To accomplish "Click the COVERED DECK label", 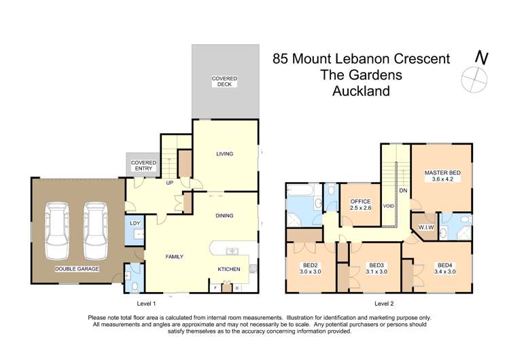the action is [224, 82].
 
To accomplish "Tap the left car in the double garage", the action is [57, 230].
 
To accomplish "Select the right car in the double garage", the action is [95, 230].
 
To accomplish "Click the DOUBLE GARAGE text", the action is [77, 269].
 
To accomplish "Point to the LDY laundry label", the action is [135, 223].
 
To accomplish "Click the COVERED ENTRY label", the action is [143, 166].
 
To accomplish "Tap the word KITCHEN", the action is [229, 269].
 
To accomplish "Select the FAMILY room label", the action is [175, 257].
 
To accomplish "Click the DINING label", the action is [224, 215].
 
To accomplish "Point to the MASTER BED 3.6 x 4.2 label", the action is [442, 176].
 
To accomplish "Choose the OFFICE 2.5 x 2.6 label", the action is [360, 204].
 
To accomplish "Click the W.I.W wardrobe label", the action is [426, 228].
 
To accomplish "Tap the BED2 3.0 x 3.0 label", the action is [311, 268].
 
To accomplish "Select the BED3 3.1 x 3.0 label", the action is [376, 268].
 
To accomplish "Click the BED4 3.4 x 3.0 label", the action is [444, 268].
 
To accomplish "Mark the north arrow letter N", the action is [482, 58].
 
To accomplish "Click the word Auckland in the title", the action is [361, 91].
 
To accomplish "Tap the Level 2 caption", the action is [384, 304].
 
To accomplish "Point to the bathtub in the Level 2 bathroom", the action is [300, 190].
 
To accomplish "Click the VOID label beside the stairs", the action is [388, 206].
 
